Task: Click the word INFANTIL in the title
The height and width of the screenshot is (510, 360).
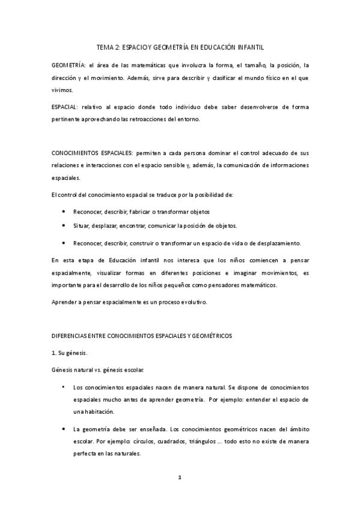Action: click(x=246, y=46)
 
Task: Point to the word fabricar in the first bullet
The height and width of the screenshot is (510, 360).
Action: click(x=142, y=212)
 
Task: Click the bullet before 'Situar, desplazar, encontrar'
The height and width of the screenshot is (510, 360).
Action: click(x=64, y=225)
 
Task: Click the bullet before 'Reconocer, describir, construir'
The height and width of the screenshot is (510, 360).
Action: click(x=64, y=243)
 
